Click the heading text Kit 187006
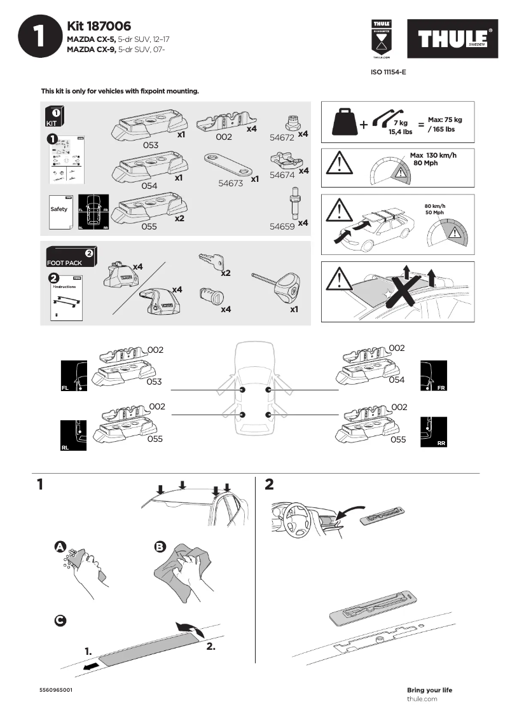pos(99,26)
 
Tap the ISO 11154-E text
pos(388,72)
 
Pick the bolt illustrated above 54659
pos(294,203)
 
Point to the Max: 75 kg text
pos(445,120)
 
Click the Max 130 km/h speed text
pos(434,155)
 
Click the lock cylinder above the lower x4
pos(210,296)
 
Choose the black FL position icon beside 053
pos(73,376)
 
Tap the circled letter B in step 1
pos(160,547)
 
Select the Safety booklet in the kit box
pos(60,210)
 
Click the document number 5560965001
pos(55,690)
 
